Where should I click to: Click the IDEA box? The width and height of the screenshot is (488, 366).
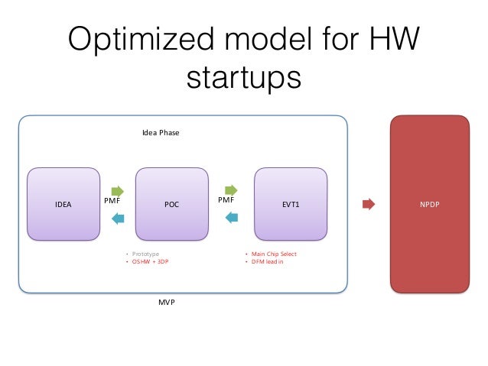pyautogui.click(x=63, y=204)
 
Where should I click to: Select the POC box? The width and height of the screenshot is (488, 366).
pyautogui.click(x=171, y=204)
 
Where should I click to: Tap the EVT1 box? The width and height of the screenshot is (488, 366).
pyautogui.click(x=290, y=204)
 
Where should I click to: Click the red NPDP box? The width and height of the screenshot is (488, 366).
pyautogui.click(x=429, y=204)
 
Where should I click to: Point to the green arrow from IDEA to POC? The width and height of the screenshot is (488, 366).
pyautogui.click(x=117, y=191)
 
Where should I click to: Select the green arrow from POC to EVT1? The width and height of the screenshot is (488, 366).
pyautogui.click(x=230, y=189)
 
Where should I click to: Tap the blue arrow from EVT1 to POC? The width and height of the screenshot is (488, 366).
pyautogui.click(x=230, y=217)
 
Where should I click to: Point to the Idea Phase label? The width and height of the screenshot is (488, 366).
pyautogui.click(x=161, y=132)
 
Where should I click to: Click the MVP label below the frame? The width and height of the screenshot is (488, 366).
pyautogui.click(x=167, y=303)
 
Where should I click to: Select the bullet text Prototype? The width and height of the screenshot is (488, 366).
pyautogui.click(x=146, y=254)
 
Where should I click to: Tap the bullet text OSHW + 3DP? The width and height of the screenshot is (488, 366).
pyautogui.click(x=150, y=262)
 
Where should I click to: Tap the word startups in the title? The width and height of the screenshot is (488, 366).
pyautogui.click(x=244, y=76)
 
